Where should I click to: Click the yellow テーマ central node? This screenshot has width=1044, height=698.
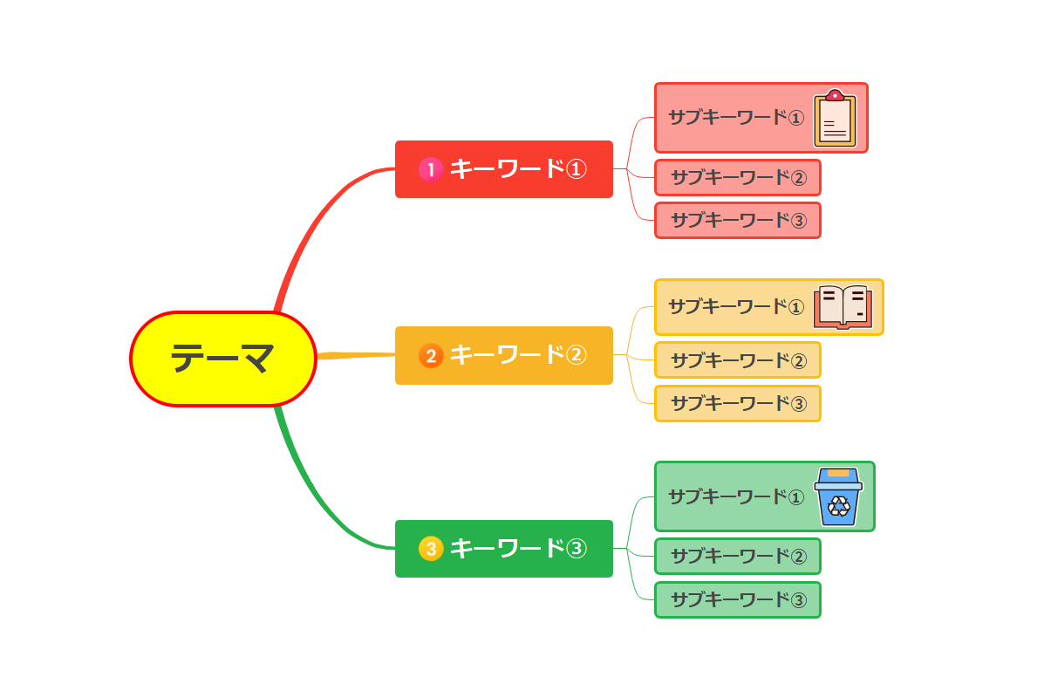pyautogui.click(x=223, y=359)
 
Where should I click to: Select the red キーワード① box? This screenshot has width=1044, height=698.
pyautogui.click(x=504, y=169)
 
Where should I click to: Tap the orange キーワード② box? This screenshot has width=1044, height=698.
pyautogui.click(x=504, y=355)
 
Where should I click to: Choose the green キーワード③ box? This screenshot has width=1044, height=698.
pyautogui.click(x=504, y=549)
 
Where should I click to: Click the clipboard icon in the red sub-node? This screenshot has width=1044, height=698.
pyautogui.click(x=835, y=119)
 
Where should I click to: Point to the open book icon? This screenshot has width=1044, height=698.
pyautogui.click(x=842, y=307)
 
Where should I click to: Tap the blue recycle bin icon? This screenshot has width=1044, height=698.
pyautogui.click(x=838, y=497)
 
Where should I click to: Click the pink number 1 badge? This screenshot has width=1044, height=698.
pyautogui.click(x=431, y=169)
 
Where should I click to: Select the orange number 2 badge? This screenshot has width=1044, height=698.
pyautogui.click(x=431, y=355)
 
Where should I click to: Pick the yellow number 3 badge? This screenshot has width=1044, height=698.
pyautogui.click(x=431, y=549)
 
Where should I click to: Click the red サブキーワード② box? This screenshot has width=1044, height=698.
pyautogui.click(x=738, y=178)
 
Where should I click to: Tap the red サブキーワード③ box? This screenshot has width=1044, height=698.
pyautogui.click(x=738, y=221)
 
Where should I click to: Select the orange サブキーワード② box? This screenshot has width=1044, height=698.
pyautogui.click(x=738, y=360)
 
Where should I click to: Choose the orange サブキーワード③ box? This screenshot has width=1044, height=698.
pyautogui.click(x=738, y=404)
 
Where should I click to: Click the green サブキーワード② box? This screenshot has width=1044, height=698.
pyautogui.click(x=738, y=557)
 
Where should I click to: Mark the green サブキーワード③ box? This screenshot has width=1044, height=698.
pyautogui.click(x=738, y=600)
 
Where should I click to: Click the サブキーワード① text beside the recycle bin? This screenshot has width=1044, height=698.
pyautogui.click(x=735, y=497)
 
